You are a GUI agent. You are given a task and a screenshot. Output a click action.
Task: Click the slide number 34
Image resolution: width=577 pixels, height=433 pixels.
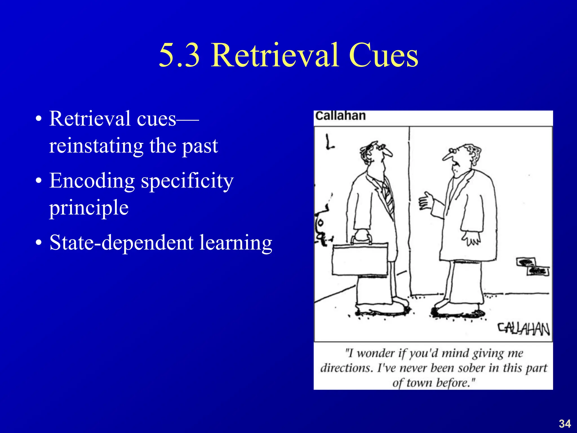point(565,424)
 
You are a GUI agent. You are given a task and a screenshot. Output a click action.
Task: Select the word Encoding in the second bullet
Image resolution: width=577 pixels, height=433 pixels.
point(92,181)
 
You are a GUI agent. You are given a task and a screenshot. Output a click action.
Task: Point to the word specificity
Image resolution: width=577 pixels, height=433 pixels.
point(187,181)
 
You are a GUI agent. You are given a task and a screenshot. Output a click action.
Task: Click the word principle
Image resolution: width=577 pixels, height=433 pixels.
point(89,208)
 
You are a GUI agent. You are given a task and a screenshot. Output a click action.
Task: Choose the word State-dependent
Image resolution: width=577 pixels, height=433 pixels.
point(121,242)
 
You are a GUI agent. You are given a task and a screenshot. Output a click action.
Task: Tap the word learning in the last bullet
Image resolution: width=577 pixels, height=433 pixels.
point(236,243)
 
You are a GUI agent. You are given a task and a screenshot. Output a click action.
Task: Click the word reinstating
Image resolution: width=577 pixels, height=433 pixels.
point(96,146)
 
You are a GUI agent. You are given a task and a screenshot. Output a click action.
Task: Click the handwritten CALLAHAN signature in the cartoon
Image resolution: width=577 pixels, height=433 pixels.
point(523,329)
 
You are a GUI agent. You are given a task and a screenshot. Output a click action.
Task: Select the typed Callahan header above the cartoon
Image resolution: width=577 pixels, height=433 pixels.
point(340,116)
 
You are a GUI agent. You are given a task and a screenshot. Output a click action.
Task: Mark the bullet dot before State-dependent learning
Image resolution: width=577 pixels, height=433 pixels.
point(39,243)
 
